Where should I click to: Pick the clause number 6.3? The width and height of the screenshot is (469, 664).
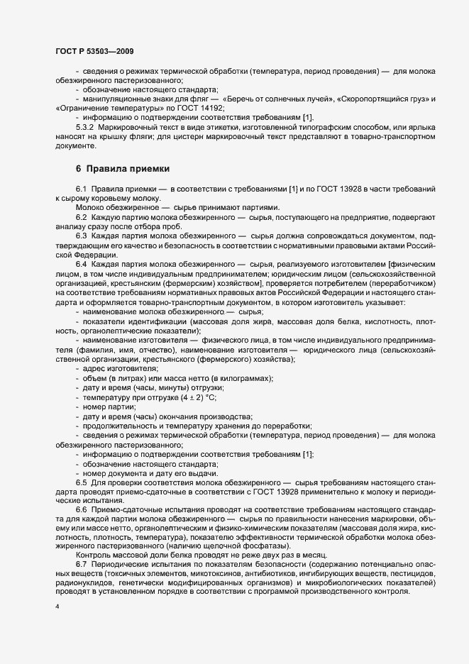coord(82,235)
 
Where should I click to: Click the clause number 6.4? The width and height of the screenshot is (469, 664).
coord(82,263)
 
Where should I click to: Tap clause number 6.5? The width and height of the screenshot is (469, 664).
coord(82,482)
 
